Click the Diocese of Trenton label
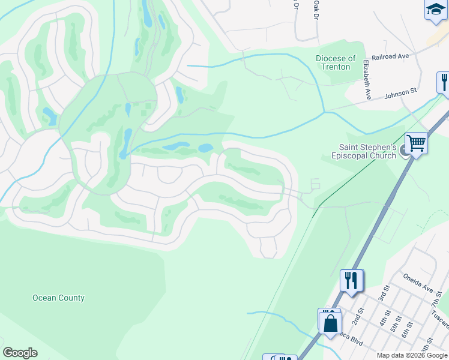coord(336,62)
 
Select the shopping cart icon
coord(415,143)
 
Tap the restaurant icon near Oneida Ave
coord(351,280)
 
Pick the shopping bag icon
coord(330,323)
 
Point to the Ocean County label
coord(58,298)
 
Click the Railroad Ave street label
coord(390,56)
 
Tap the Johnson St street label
coord(400,92)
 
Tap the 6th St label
coord(406,329)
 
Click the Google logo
coord(20,353)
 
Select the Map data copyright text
coord(411,355)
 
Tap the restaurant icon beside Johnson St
coord(443,81)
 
